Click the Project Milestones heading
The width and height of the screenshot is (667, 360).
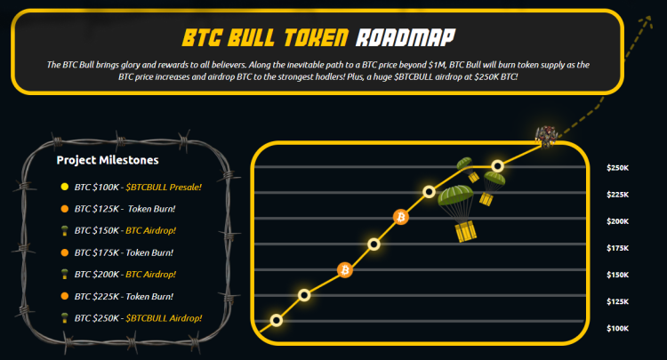pos(108,161)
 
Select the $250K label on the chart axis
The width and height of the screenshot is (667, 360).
pos(618,168)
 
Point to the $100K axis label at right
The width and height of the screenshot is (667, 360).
pos(618,329)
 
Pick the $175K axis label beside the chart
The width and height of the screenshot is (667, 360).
pos(618,249)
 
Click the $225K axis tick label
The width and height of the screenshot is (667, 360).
pos(618,195)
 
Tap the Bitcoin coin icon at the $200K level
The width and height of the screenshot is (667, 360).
pos(400,217)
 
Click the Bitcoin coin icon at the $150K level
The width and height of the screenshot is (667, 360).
pos(345,269)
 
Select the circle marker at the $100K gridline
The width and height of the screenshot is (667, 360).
pos(277,320)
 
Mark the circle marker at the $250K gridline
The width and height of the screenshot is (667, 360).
pos(498,166)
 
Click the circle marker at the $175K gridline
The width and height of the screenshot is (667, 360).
pos(374,244)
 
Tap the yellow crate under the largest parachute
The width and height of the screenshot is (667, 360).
pos(466,233)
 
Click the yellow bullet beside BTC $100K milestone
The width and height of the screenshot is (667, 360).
pos(64,187)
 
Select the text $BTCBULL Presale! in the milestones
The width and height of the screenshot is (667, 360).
pos(164,187)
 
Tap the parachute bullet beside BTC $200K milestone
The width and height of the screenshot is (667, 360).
pos(64,274)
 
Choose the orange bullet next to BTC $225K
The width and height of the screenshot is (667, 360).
pos(64,296)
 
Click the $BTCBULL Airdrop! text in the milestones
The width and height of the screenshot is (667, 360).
pos(164,317)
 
